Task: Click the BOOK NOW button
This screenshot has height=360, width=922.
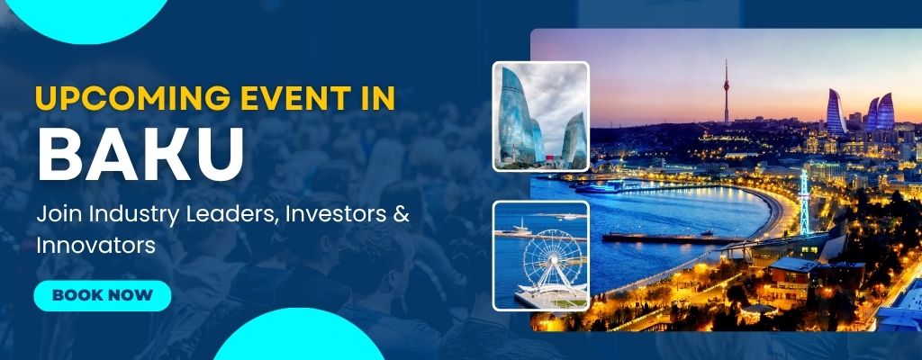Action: tap(103, 295)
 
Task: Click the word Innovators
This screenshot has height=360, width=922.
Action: tap(95, 246)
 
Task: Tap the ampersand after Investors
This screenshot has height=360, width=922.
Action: tap(401, 215)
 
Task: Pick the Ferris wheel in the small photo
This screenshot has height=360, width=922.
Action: tap(552, 261)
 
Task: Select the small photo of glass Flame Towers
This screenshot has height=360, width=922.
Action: tap(541, 116)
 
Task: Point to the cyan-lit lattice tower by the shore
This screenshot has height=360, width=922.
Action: tap(804, 202)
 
